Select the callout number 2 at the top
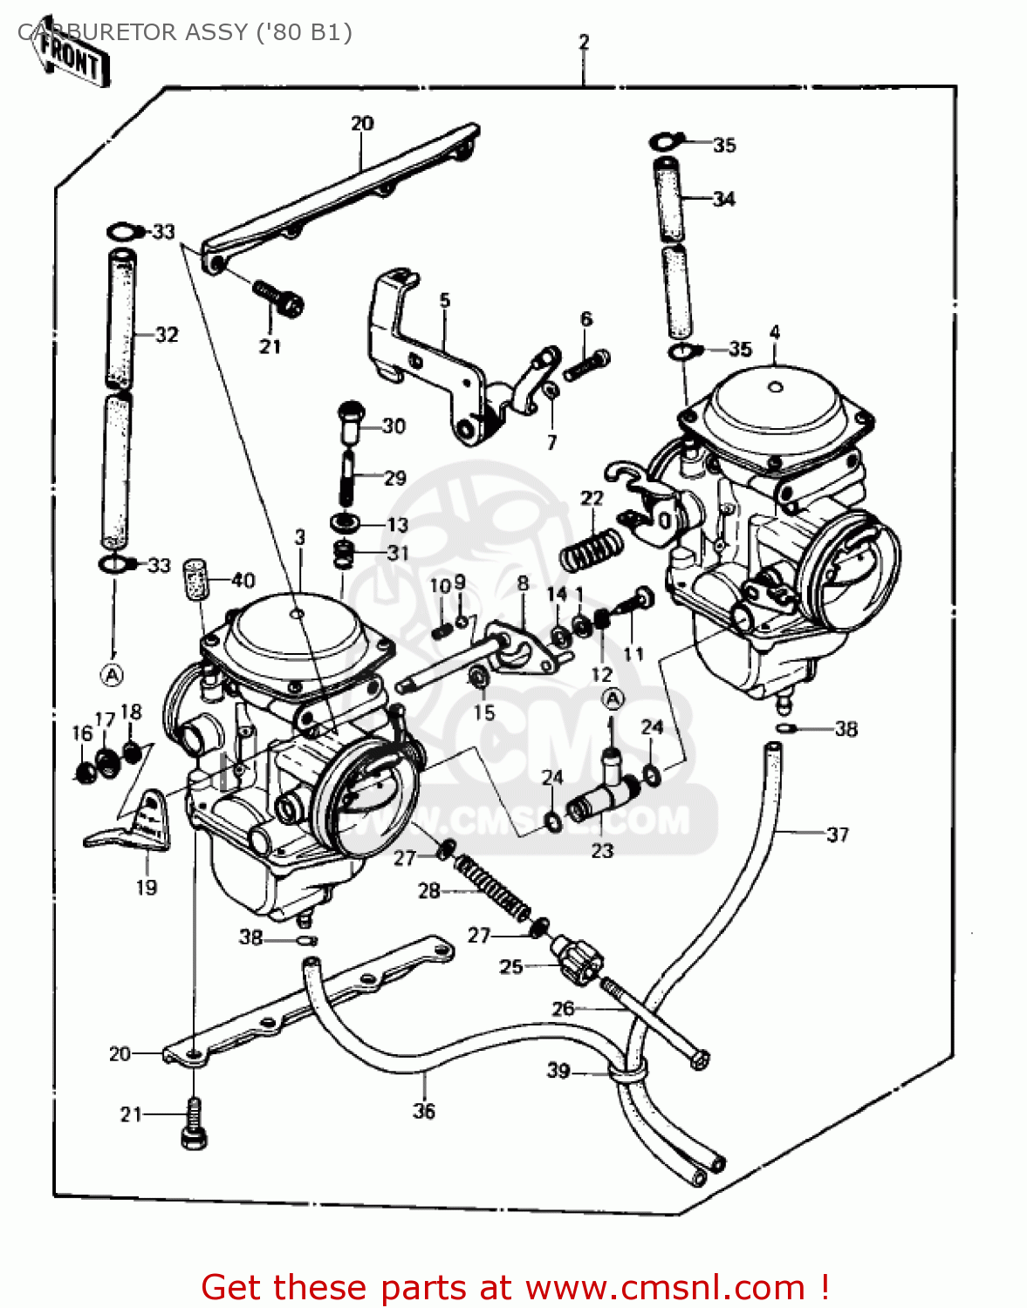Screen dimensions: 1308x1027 pos(584,42)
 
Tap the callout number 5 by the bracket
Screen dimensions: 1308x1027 pos(445,301)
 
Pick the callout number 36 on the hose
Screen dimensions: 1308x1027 pos(424,1111)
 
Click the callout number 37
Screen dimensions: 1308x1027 pos(838,835)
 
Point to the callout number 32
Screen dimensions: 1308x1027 pos(167,335)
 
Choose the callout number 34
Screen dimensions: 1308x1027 pos(723,200)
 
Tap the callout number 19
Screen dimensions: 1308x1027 pos(147,888)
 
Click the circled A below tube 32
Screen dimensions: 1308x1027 pos(112,674)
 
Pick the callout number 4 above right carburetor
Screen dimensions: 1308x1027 pos(775,332)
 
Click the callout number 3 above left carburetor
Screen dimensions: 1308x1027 pos(300,537)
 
